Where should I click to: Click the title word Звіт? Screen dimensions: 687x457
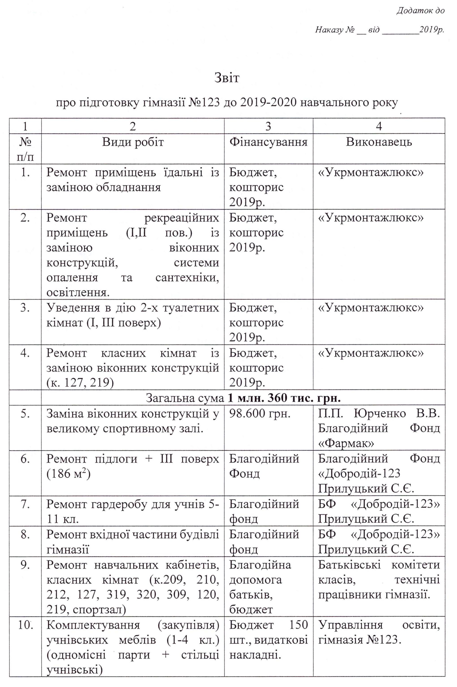(227, 78)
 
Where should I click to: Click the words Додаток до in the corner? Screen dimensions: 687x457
(421, 11)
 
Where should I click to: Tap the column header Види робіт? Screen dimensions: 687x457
(133, 142)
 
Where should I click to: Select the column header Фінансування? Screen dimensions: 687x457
(268, 142)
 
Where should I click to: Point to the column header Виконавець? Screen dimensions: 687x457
(379, 142)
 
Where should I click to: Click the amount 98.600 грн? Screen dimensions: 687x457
(260, 414)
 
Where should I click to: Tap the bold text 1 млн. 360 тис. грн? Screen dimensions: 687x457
(284, 398)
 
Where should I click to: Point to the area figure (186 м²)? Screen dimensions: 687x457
(69, 474)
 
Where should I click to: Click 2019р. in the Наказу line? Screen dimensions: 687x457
(431, 30)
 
